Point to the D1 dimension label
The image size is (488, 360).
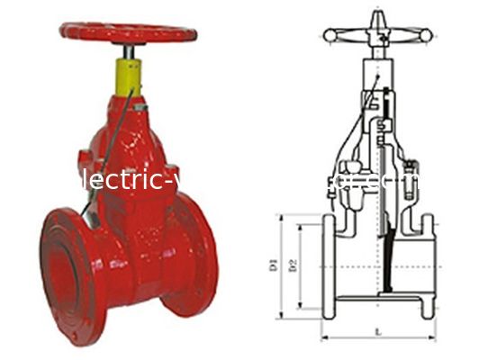268,265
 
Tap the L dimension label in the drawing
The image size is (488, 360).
376,333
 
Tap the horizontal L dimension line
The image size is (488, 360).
376,340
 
